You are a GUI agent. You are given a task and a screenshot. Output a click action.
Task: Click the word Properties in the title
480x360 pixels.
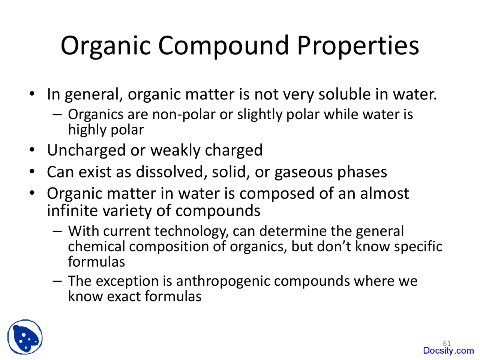(358, 46)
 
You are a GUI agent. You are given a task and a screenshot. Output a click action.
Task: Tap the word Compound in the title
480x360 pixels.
(223, 46)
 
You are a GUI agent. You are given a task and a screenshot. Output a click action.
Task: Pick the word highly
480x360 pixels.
(84, 130)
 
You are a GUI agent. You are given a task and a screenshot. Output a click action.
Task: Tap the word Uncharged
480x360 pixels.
(86, 150)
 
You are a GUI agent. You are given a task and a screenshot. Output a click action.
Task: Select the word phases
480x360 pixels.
(362, 172)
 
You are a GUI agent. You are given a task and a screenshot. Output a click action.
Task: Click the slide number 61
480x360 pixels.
(447, 343)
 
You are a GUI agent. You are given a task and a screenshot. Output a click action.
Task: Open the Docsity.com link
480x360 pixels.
(448, 351)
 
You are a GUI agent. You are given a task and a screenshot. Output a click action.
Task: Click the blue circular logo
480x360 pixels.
(25, 337)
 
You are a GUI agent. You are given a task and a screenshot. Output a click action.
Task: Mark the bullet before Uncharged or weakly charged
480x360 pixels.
(33, 150)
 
